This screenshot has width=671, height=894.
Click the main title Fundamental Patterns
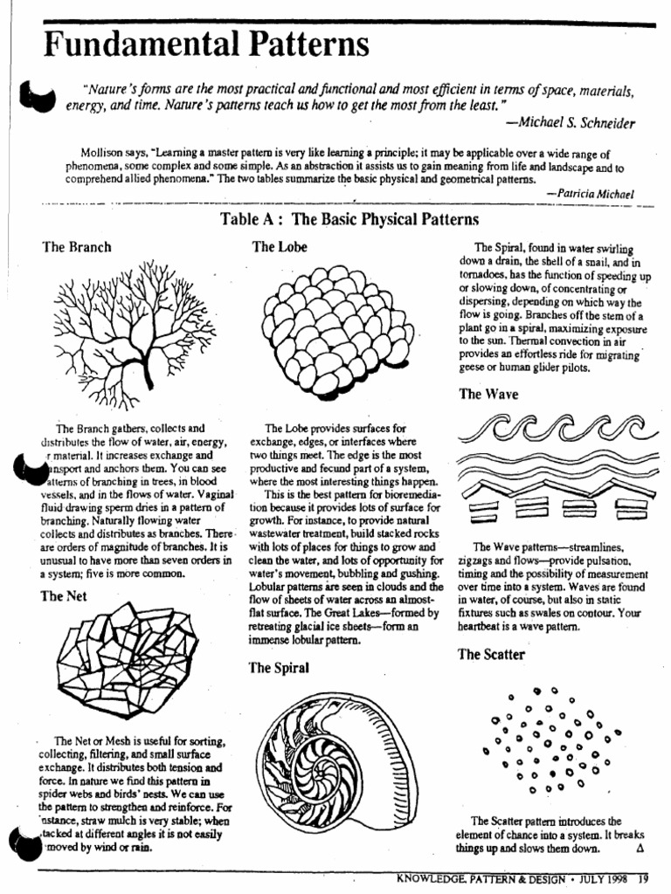tap(206, 43)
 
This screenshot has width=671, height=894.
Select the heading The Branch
tap(77, 247)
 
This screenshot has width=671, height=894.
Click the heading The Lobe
tap(280, 247)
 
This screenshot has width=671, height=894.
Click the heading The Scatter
tap(491, 655)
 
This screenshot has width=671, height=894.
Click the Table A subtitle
tap(350, 219)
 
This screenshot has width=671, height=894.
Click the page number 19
tap(643, 878)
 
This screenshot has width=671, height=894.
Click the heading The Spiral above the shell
tap(280, 668)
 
